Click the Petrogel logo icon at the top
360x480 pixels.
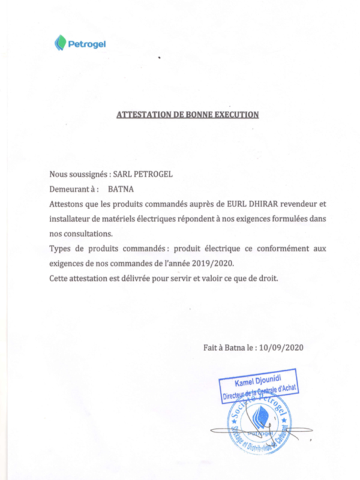(x=60, y=43)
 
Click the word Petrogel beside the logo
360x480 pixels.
(x=87, y=43)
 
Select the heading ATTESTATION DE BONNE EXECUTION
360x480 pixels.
(x=187, y=113)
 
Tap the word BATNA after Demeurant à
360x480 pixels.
(x=121, y=188)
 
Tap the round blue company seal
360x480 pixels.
(x=257, y=425)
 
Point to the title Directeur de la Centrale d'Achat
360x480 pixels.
(x=260, y=394)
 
